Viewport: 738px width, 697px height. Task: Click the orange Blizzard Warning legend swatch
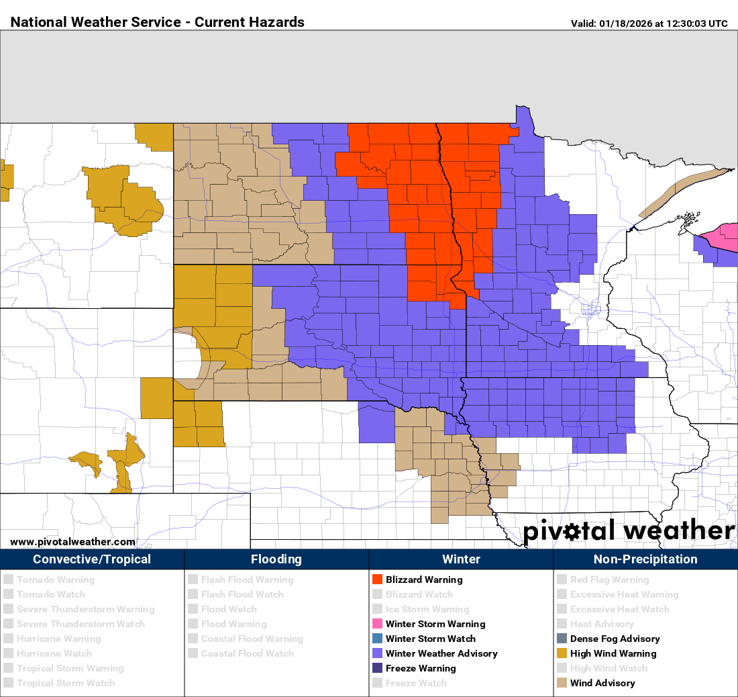tap(377, 579)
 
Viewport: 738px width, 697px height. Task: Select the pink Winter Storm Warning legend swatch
tap(377, 624)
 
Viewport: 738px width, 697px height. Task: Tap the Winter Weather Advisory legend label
tap(441, 653)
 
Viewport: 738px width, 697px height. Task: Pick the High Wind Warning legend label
tap(613, 653)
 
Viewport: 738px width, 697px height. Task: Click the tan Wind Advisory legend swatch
tap(562, 683)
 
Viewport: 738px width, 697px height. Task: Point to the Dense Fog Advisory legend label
tap(615, 639)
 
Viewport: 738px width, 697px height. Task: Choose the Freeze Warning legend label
tap(421, 668)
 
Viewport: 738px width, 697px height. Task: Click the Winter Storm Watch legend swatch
tap(377, 639)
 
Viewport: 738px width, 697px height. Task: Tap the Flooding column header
tap(276, 559)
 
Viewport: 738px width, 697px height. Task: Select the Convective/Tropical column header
tap(92, 559)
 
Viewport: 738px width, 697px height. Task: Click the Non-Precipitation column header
tap(645, 559)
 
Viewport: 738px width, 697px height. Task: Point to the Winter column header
tap(461, 559)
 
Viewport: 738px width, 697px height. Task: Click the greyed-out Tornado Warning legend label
tap(56, 579)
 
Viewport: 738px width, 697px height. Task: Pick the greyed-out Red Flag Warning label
tap(609, 579)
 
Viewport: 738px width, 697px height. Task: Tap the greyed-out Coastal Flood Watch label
tap(248, 653)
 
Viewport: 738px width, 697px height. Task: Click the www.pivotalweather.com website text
tap(72, 542)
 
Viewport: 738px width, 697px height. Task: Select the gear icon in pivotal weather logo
tap(572, 532)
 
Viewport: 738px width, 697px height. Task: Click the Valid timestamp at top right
tap(649, 24)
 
